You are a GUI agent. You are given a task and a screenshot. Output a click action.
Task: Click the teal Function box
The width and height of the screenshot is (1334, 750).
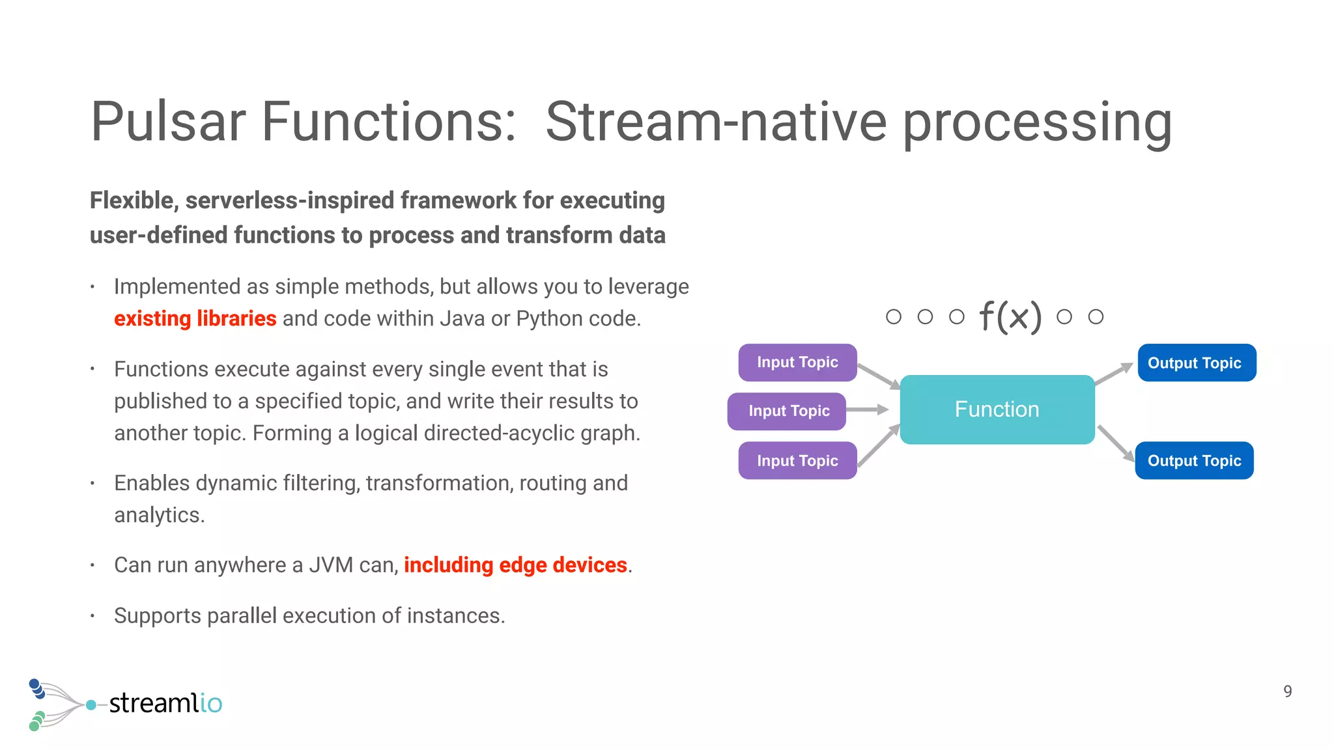pyautogui.click(x=997, y=410)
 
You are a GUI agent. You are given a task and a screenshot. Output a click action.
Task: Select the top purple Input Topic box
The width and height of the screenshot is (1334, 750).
pyautogui.click(x=797, y=363)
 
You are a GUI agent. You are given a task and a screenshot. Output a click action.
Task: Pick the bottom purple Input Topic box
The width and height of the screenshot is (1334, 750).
pyautogui.click(x=797, y=461)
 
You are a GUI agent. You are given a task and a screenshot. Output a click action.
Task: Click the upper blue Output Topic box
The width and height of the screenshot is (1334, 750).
pyautogui.click(x=1197, y=363)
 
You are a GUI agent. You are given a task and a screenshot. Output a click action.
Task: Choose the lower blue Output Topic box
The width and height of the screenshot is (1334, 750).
pyautogui.click(x=1194, y=461)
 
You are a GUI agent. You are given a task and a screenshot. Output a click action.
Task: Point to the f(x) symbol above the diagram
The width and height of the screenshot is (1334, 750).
pyautogui.click(x=1010, y=317)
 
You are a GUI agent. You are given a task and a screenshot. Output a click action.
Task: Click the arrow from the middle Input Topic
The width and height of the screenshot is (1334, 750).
pyautogui.click(x=867, y=410)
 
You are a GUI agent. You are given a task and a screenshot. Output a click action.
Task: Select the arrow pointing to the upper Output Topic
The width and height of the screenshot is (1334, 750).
pyautogui.click(x=1114, y=373)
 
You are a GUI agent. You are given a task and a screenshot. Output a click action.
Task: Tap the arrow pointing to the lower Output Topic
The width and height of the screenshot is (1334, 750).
pyautogui.click(x=1116, y=443)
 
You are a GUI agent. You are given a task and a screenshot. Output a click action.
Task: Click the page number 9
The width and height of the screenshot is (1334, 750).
pyautogui.click(x=1287, y=691)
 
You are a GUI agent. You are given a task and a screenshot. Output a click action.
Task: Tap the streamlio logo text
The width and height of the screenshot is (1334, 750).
pyautogui.click(x=165, y=703)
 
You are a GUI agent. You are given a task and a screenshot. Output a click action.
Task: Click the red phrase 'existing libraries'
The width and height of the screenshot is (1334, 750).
pyautogui.click(x=195, y=318)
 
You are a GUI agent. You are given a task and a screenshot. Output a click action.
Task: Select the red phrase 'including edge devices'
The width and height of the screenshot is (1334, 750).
pyautogui.click(x=515, y=565)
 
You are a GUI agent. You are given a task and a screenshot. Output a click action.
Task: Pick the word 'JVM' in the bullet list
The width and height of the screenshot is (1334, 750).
pyautogui.click(x=331, y=565)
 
